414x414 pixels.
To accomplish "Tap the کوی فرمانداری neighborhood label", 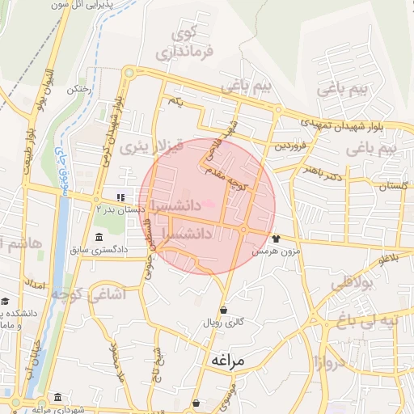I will click(x=195, y=45).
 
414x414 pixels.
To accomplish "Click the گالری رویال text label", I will click(x=224, y=323).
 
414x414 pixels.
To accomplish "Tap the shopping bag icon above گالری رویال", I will click(x=223, y=310).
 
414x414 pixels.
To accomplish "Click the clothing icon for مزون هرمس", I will click(x=276, y=239).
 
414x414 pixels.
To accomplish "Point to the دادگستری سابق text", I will click(x=99, y=250).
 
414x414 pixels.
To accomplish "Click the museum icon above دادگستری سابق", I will click(x=99, y=238).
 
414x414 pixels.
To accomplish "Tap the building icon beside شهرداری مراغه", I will click(x=57, y=398).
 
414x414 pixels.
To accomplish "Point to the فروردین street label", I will click(x=289, y=147).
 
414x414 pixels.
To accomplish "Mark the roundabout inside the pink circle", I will click(x=243, y=230).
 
